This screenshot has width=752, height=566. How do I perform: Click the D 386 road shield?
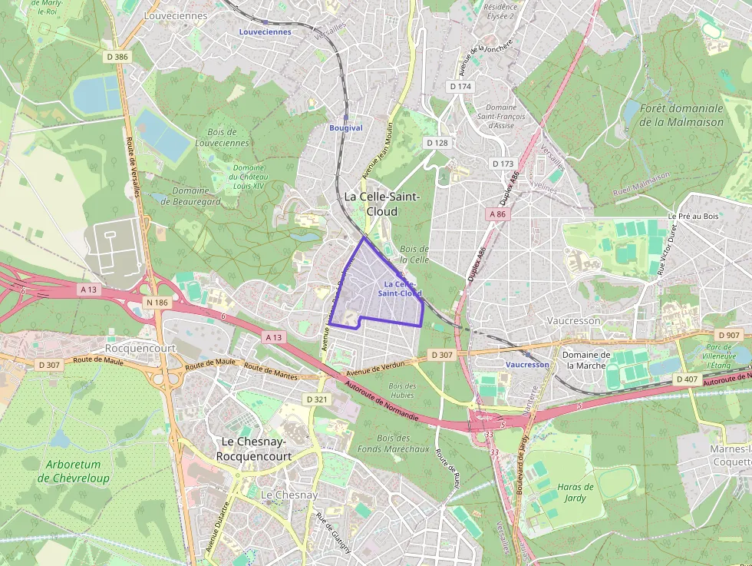117,57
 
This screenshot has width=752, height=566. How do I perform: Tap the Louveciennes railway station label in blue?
265,32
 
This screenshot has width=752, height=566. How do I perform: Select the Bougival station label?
345,127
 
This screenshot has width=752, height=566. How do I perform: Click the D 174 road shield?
460,87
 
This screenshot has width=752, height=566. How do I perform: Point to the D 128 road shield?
437,143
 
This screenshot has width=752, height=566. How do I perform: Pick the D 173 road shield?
503,164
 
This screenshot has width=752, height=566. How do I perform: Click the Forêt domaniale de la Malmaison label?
681,115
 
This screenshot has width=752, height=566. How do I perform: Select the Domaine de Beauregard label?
196,197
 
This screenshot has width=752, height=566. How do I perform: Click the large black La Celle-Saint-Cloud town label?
381,204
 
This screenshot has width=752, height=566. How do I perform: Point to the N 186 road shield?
156,303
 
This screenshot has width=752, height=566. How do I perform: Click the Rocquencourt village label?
140,348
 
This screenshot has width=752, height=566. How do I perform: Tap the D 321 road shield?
316,399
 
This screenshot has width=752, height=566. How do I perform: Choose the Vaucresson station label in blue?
527,365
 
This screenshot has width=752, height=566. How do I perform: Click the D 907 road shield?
728,335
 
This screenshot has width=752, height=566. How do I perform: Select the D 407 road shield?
687,379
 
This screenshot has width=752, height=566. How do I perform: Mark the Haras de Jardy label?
575,492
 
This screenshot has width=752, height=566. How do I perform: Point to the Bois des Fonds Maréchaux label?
393,443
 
